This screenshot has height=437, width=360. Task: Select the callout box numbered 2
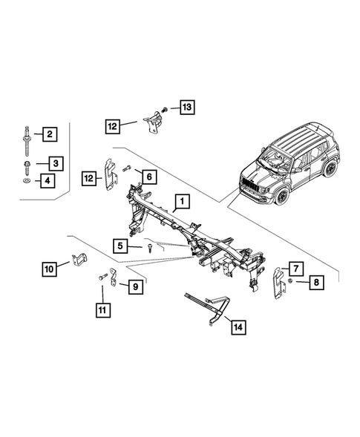pyautogui.click(x=50, y=134)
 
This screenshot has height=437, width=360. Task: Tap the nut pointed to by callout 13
pyautogui.click(x=164, y=108)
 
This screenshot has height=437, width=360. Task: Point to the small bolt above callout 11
pyautogui.click(x=99, y=277)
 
